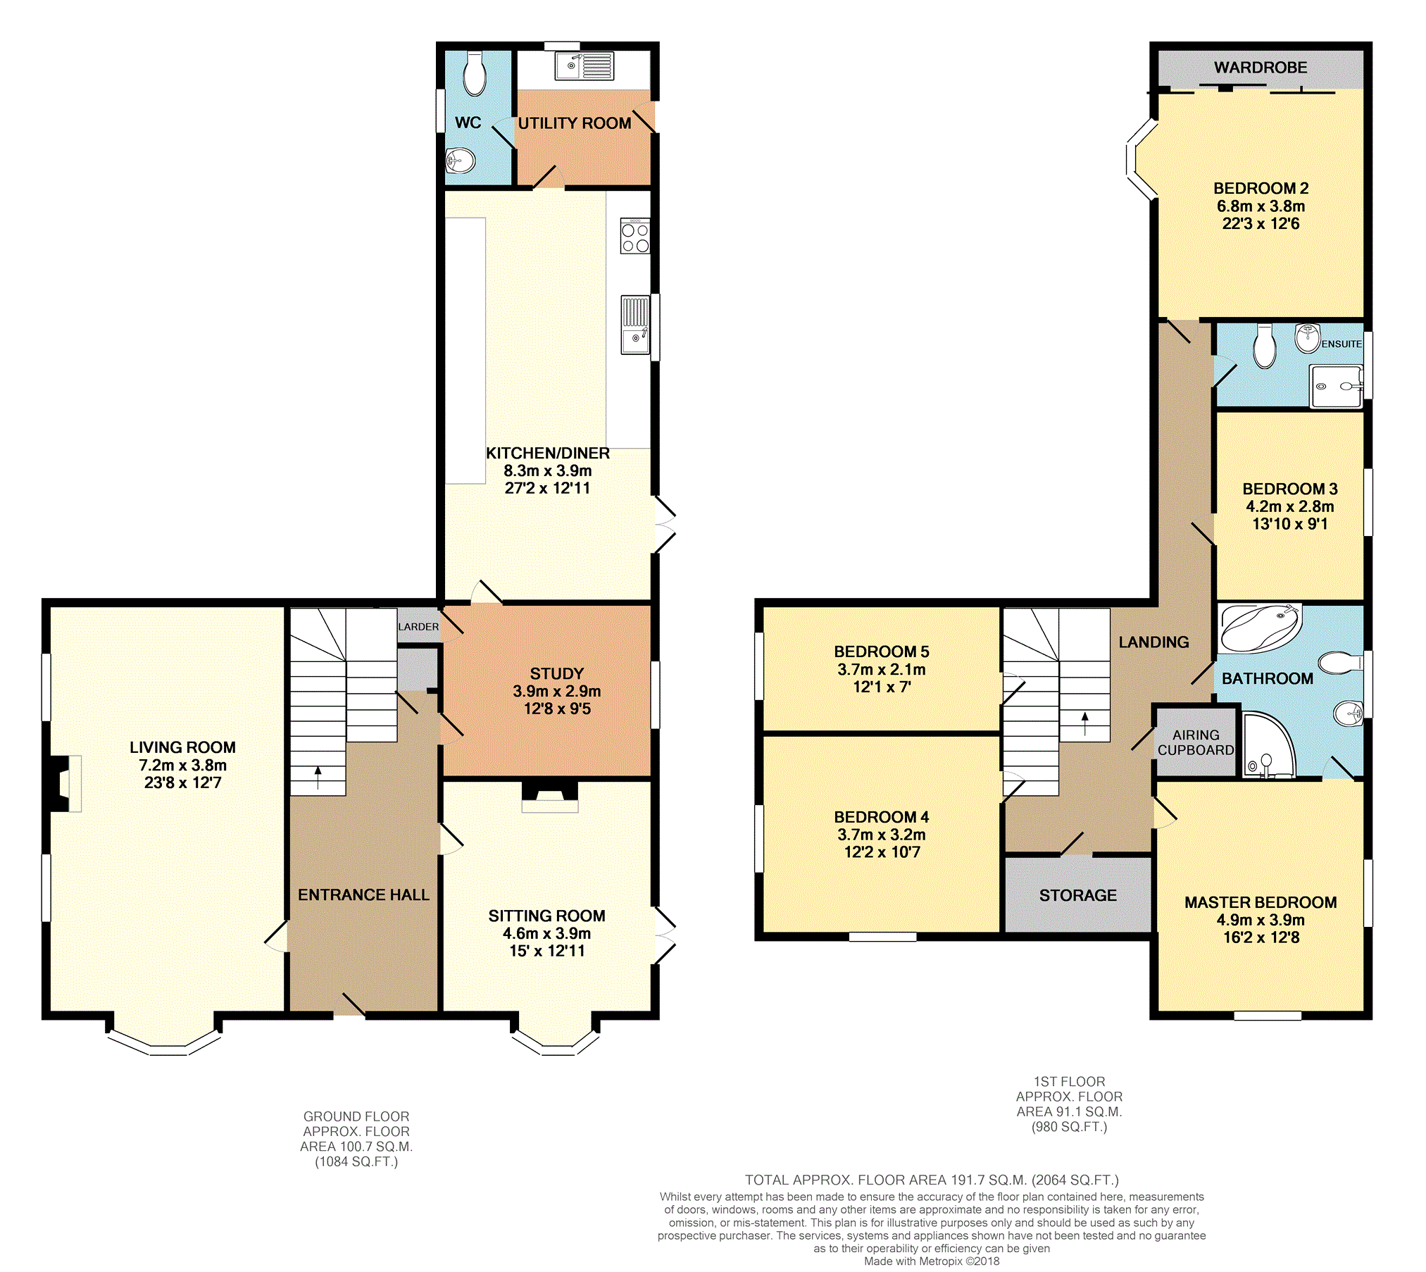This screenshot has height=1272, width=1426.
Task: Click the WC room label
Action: click(x=468, y=123)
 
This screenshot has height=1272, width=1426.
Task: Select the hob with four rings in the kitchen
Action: click(x=634, y=236)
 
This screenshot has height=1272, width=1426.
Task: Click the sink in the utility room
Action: click(x=584, y=66)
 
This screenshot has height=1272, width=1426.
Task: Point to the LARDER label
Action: click(x=418, y=626)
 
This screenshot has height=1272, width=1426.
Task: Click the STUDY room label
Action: click(x=556, y=673)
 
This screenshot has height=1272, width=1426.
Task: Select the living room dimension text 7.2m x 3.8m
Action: click(x=182, y=765)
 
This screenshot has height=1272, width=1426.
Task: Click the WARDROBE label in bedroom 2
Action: click(x=1260, y=68)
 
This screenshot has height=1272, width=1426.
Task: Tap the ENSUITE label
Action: click(x=1341, y=344)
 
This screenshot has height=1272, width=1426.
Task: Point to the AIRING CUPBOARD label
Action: click(x=1196, y=742)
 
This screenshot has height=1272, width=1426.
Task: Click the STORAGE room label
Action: click(x=1077, y=895)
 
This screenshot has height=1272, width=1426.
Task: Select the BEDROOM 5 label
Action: click(x=881, y=651)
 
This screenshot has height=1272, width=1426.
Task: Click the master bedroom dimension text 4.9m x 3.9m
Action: click(x=1260, y=920)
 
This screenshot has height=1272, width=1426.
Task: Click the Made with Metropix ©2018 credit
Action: click(x=931, y=1261)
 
